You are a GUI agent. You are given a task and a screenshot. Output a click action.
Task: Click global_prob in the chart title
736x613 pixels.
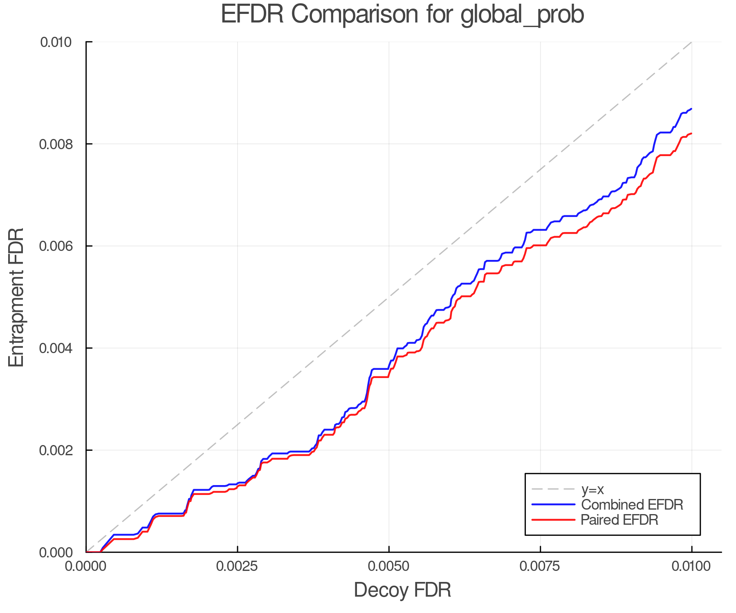pyautogui.click(x=522, y=15)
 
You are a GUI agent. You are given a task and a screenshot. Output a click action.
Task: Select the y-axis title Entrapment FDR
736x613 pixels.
pyautogui.click(x=16, y=297)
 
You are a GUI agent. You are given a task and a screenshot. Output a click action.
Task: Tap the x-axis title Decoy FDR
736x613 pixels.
pyautogui.click(x=402, y=590)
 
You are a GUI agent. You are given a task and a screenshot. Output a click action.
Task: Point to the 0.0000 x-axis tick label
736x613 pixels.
pyautogui.click(x=86, y=566)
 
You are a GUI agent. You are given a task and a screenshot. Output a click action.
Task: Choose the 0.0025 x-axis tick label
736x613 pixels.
pyautogui.click(x=237, y=566)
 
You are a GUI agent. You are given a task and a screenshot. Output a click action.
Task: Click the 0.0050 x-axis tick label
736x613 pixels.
pyautogui.click(x=389, y=566)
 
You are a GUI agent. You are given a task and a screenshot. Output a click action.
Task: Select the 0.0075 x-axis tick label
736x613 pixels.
pyautogui.click(x=540, y=566)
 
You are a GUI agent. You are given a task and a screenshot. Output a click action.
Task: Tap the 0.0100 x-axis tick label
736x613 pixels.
pyautogui.click(x=691, y=566)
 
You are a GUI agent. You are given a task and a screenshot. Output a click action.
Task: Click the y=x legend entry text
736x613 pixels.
pyautogui.click(x=593, y=489)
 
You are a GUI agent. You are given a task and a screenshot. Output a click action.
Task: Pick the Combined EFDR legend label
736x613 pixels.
pyautogui.click(x=632, y=505)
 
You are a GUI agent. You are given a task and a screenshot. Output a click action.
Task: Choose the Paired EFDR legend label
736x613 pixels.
pyautogui.click(x=619, y=520)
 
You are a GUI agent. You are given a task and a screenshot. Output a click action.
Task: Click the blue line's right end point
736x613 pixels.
pyautogui.click(x=691, y=109)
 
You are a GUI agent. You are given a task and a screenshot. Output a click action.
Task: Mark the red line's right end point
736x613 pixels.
pyautogui.click(x=691, y=134)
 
